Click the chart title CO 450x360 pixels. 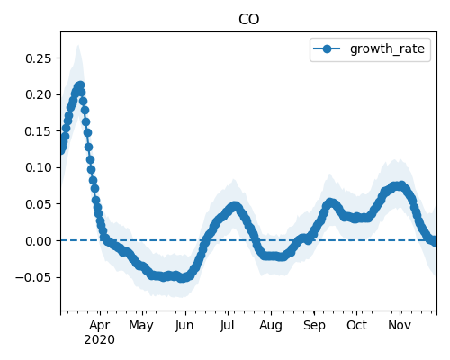(x=248, y=20)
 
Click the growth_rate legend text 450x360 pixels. (x=387, y=49)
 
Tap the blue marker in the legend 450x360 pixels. (x=327, y=49)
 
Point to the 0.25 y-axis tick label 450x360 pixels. (x=39, y=58)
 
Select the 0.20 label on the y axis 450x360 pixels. (x=39, y=94)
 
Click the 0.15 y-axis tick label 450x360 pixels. (x=39, y=131)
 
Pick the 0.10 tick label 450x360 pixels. (x=39, y=167)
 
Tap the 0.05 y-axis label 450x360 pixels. (x=39, y=204)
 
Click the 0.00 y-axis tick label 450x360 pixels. (x=39, y=241)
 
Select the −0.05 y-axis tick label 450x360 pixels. (x=33, y=277)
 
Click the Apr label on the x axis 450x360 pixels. (x=100, y=325)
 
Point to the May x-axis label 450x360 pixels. (x=141, y=325)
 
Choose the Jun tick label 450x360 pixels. (x=184, y=325)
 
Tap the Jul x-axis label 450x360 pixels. (x=227, y=325)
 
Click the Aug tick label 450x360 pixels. (x=271, y=325)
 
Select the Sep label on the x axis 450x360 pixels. (x=314, y=325)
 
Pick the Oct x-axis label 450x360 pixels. (x=356, y=325)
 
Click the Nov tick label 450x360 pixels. (x=400, y=325)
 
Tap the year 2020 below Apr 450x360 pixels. (x=99, y=340)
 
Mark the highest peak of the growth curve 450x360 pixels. (x=80, y=85)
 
